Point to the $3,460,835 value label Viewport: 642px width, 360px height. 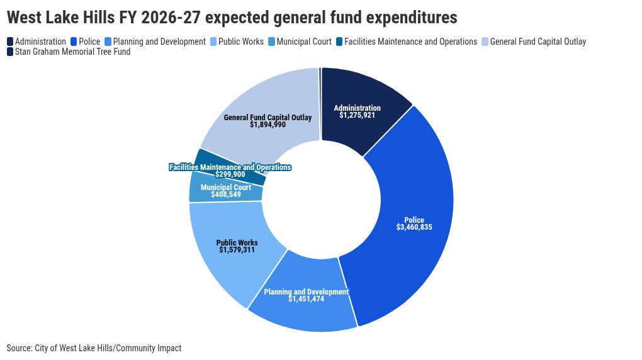click(414, 227)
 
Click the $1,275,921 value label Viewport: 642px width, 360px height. click(357, 116)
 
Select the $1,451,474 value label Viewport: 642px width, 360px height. click(307, 300)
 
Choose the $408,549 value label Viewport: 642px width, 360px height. click(226, 194)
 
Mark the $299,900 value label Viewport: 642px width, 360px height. click(230, 174)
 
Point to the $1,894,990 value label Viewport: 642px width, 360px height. click(267, 125)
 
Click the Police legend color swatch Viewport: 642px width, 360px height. click(74, 42)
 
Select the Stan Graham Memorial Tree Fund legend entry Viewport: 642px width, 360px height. click(69, 52)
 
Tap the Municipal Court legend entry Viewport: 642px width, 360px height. click(300, 42)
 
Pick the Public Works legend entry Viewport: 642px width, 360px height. click(237, 42)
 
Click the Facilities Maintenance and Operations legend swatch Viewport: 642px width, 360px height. click(339, 42)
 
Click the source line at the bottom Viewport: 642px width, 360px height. click(94, 348)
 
